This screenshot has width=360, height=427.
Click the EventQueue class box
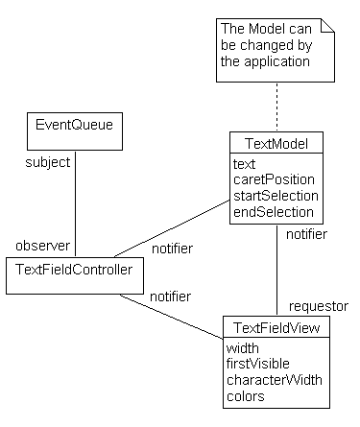(75, 132)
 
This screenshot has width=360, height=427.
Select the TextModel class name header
(276, 144)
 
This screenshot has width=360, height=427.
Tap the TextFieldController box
(74, 273)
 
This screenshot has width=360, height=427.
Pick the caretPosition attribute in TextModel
(274, 179)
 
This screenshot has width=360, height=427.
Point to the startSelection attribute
(274, 196)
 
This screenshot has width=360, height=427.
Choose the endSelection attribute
(273, 211)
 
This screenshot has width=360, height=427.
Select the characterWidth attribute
(275, 380)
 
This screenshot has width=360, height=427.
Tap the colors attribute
(247, 395)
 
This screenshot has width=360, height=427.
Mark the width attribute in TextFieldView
(243, 348)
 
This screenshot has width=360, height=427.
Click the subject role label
(48, 162)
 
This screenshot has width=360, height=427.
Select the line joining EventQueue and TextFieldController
(76, 202)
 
